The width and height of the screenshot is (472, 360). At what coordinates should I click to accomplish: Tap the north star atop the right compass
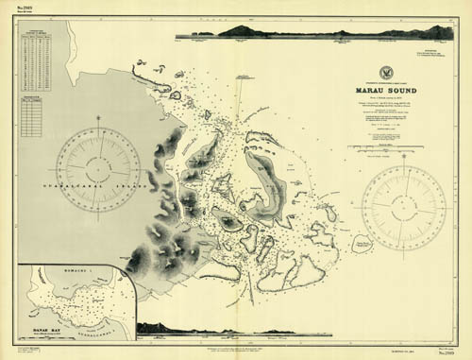[403, 157]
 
